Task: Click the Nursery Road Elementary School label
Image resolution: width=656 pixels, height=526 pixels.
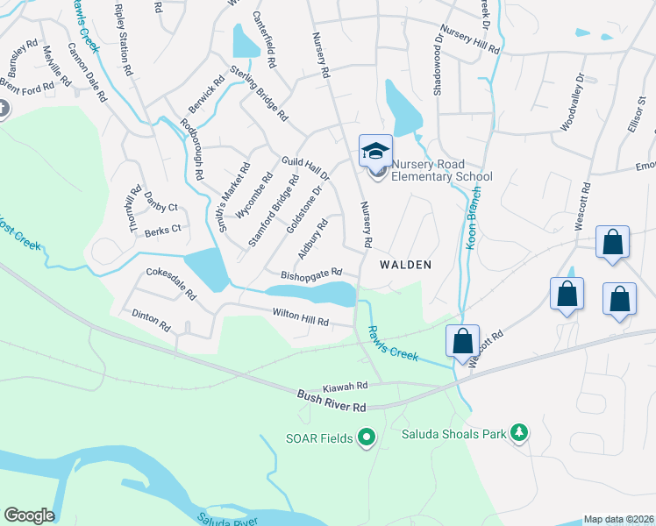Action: [x=442, y=170]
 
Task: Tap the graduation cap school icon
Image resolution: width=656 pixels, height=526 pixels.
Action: [x=375, y=151]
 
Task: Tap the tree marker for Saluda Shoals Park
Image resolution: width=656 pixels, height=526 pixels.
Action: [x=520, y=433]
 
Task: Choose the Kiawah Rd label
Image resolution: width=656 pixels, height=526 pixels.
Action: [x=343, y=385]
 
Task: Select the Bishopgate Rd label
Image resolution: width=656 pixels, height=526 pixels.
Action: [x=310, y=274]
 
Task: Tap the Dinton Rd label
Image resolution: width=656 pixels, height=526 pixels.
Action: [x=151, y=319]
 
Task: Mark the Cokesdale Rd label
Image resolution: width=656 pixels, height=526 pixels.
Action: [x=171, y=284]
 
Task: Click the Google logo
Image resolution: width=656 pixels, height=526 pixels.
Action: [x=29, y=515]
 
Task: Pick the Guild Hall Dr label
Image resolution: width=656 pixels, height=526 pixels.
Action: [x=304, y=169]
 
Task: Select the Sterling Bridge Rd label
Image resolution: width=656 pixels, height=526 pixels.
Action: [x=259, y=92]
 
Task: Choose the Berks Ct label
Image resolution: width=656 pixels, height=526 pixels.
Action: [x=162, y=229]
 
